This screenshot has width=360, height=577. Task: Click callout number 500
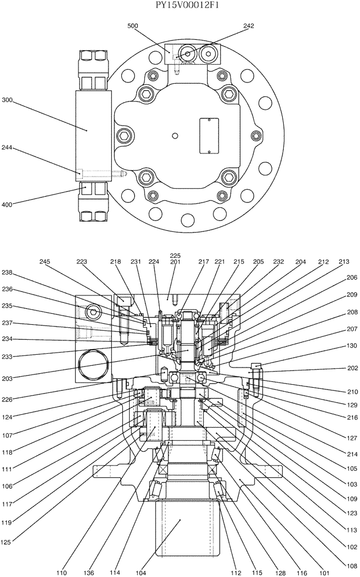[x=132, y=26]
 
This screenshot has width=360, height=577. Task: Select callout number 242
[x=249, y=26]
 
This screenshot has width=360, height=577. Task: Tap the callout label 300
[x=7, y=100]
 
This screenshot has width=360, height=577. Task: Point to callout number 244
[x=7, y=148]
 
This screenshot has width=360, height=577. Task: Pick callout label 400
[x=7, y=204]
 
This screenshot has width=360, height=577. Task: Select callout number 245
[x=45, y=261]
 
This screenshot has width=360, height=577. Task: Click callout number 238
[x=7, y=272]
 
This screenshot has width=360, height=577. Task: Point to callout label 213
[x=344, y=261]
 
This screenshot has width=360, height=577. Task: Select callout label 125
[x=7, y=541]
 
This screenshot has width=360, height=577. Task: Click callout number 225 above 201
[x=175, y=254]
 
